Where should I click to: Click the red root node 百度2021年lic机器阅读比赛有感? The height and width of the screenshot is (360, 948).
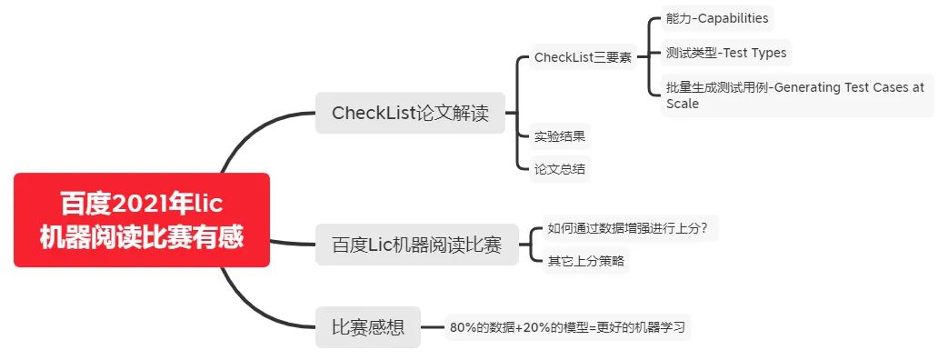[142, 220]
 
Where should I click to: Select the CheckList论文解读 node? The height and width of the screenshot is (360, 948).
[410, 114]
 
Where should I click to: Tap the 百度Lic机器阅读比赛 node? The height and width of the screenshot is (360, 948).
[417, 245]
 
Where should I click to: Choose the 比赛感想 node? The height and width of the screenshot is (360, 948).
[368, 326]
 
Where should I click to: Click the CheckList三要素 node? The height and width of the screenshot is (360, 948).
[583, 57]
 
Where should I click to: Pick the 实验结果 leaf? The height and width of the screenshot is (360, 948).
[560, 137]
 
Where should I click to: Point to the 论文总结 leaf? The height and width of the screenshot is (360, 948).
[560, 168]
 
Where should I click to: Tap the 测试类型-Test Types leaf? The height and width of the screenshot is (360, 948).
[726, 53]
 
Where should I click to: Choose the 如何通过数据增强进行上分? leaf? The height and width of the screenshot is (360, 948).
[628, 227]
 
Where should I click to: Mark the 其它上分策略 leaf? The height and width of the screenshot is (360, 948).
[586, 261]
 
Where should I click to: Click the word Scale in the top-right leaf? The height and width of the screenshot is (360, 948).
[682, 103]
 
